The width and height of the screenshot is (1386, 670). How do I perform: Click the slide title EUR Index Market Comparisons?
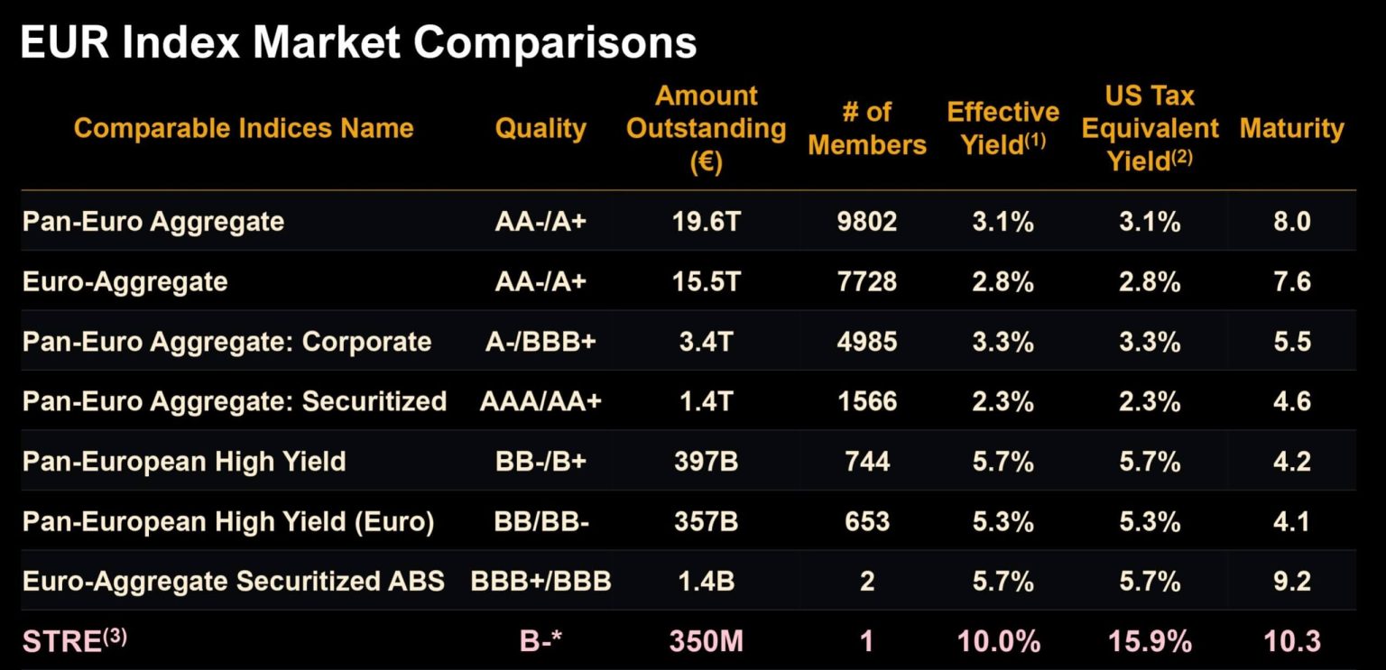(357, 42)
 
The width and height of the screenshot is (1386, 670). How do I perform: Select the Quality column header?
(541, 128)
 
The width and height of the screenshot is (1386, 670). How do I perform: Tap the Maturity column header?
(1291, 128)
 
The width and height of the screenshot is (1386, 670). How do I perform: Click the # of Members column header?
(866, 128)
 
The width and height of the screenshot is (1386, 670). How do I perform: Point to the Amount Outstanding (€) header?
(706, 128)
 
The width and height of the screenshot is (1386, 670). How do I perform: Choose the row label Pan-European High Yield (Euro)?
(228, 521)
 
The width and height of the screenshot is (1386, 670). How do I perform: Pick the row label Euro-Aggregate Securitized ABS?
(233, 581)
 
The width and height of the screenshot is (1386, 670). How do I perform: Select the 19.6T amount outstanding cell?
(706, 221)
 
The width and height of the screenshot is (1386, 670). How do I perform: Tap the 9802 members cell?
(866, 221)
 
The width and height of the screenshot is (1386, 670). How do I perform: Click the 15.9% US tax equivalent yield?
(1150, 641)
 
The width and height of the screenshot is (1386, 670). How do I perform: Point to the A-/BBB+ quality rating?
(541, 342)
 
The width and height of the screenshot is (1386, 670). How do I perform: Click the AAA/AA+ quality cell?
(541, 401)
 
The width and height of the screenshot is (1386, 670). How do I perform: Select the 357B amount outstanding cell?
(706, 521)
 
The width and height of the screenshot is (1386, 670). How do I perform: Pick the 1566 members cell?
(866, 401)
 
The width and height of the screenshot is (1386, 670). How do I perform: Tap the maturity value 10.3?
(1291, 641)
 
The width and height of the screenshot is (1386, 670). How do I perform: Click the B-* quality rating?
(541, 641)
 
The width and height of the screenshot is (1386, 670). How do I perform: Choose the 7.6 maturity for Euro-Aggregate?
(1291, 281)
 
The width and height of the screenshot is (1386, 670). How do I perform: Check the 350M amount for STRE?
(706, 641)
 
